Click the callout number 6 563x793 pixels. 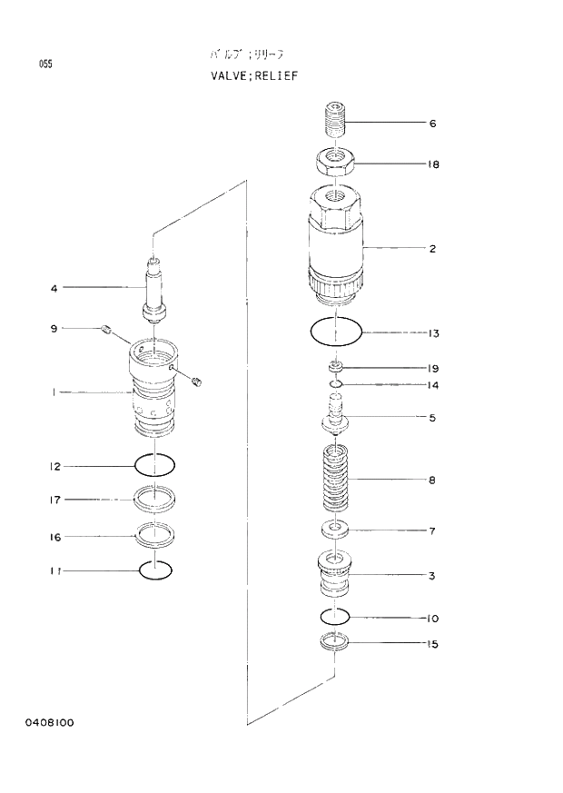click(x=433, y=124)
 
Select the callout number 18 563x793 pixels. click(x=433, y=164)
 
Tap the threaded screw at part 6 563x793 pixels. click(x=335, y=119)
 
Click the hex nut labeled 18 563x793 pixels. click(x=335, y=164)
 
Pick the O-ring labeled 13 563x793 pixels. click(x=335, y=332)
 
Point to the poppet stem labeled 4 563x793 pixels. click(x=154, y=289)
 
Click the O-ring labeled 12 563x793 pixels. click(x=154, y=466)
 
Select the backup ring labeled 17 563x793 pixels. click(x=154, y=499)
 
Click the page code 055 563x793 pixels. click(x=45, y=63)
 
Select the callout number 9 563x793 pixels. click(x=54, y=328)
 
